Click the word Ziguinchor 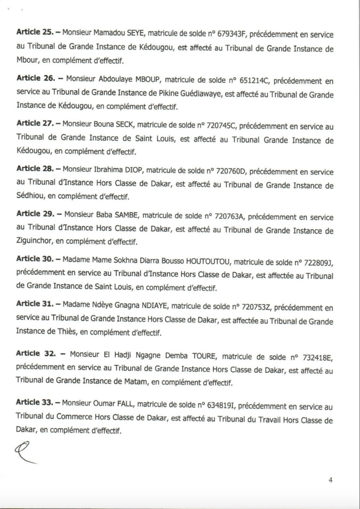[x=36, y=242]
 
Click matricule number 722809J [x=317, y=262]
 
